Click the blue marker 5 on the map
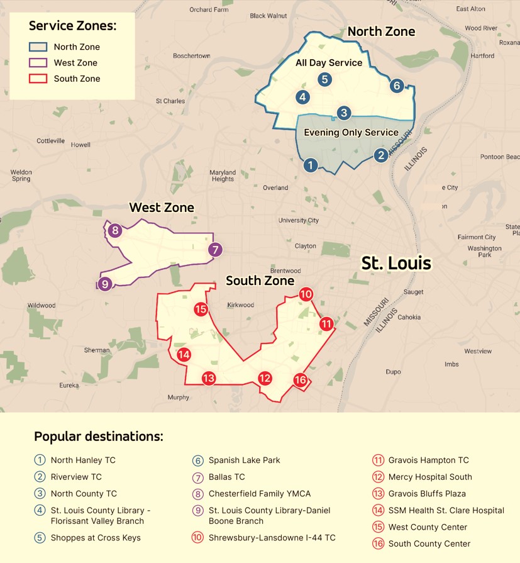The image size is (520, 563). (324, 79)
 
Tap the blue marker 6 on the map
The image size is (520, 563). (396, 86)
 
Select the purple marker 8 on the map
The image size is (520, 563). (115, 231)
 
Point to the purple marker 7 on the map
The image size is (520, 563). (215, 250)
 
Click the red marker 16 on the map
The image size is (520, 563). (300, 380)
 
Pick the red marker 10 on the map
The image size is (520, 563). (306, 294)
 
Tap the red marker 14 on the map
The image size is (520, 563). (184, 355)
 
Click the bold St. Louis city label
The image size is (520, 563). (396, 263)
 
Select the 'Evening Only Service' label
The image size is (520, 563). (351, 133)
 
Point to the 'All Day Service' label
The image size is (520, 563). (329, 63)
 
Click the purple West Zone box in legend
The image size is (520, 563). (38, 63)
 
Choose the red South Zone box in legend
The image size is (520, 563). (38, 79)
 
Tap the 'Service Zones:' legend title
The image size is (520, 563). (72, 26)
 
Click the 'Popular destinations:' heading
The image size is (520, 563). (98, 437)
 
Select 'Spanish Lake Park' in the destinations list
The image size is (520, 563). (244, 460)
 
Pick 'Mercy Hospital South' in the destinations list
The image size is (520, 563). (429, 477)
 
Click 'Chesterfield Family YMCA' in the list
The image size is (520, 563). (260, 494)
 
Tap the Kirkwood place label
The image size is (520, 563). (240, 305)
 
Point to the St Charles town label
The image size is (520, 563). (170, 101)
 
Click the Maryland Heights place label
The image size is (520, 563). (223, 176)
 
